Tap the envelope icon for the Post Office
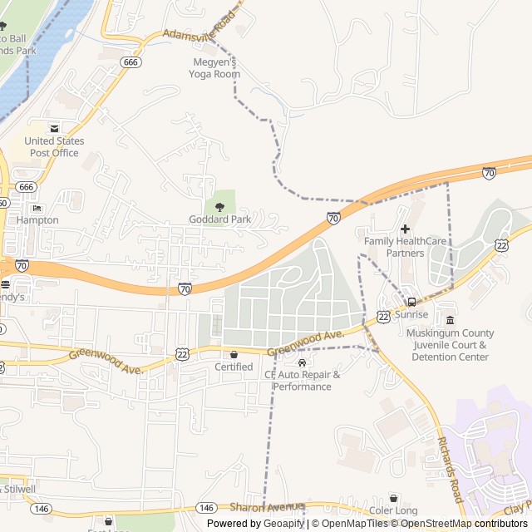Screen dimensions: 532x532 coord(54,128)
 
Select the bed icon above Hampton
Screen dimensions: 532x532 coord(37,208)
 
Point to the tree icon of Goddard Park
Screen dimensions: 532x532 coord(219,206)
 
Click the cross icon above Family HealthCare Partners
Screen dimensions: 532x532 coord(405,229)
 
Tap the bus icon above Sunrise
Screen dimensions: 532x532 coord(411,302)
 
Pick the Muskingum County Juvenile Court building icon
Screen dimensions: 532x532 coord(450,321)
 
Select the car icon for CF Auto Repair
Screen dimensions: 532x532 coord(302,362)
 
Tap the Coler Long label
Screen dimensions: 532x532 coord(393,511)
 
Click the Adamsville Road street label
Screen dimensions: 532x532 coord(199,27)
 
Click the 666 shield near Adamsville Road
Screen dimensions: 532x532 coord(130,62)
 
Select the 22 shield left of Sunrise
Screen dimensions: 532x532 coord(382,316)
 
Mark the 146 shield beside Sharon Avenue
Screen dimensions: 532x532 coord(208,507)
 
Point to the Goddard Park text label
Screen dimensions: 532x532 coord(219,219)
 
